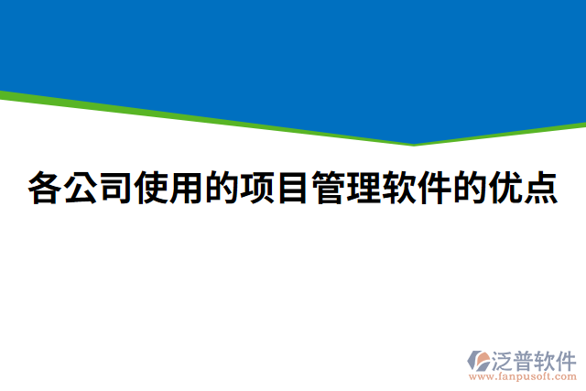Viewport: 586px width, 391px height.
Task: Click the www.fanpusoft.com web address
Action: point(523,375)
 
